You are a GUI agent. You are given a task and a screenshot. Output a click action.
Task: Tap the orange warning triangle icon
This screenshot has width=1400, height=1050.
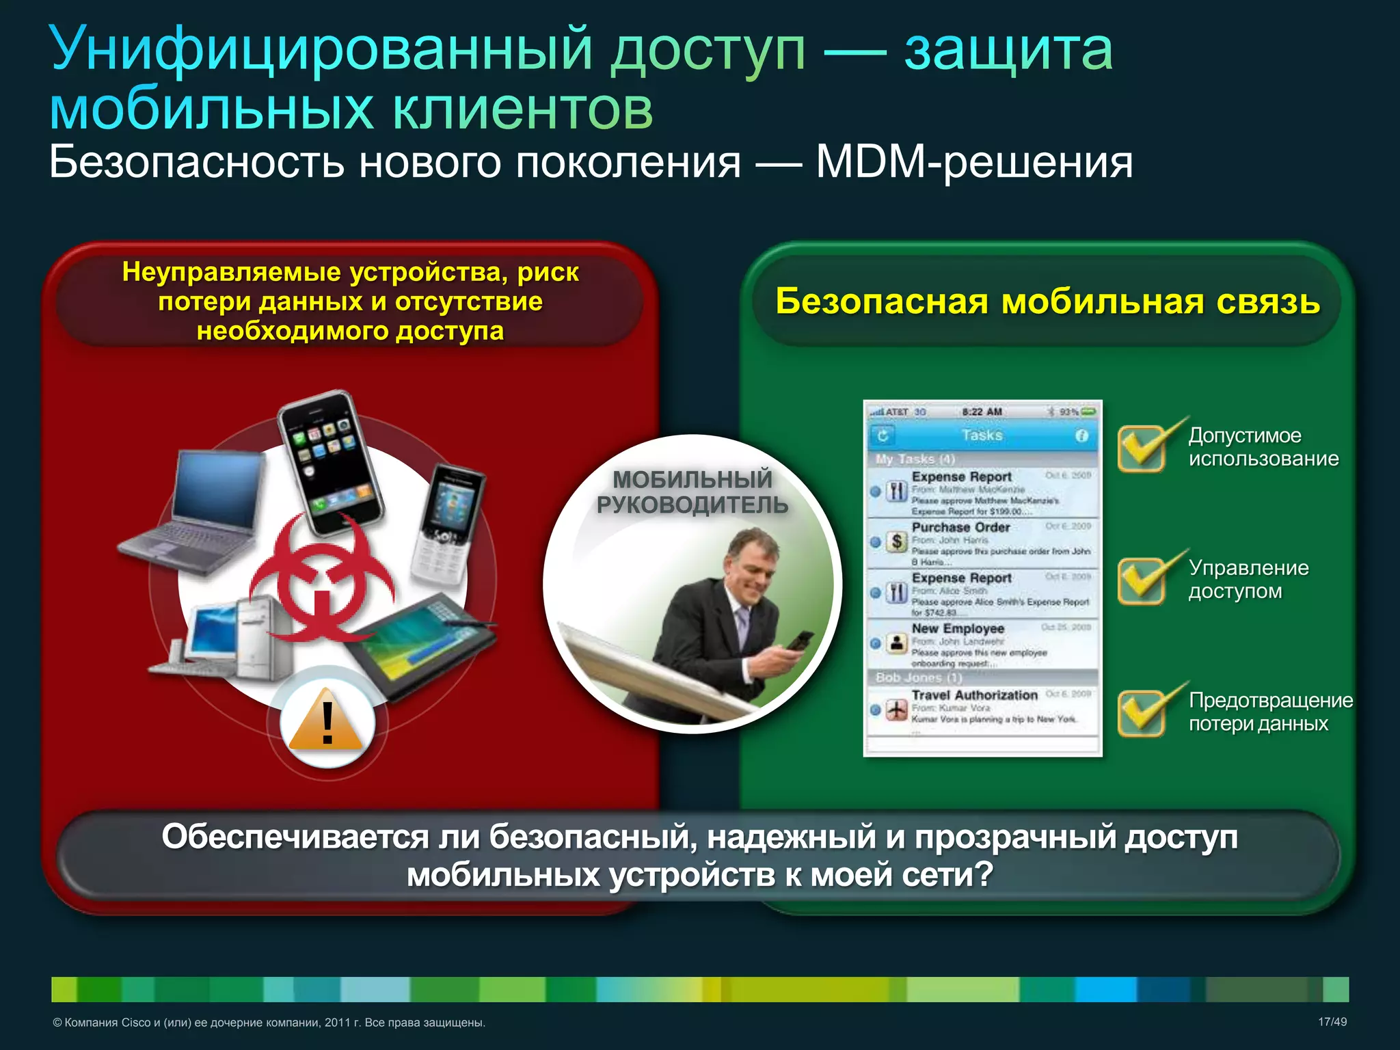click(327, 722)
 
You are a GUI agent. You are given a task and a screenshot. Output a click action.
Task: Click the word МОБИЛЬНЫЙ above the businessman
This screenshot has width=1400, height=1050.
click(692, 480)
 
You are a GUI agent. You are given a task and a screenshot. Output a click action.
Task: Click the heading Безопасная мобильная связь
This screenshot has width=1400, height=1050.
click(1047, 301)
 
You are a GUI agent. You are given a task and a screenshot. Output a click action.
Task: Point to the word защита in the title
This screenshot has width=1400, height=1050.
click(1008, 49)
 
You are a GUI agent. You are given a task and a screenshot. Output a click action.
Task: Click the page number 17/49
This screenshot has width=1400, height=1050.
click(1332, 1022)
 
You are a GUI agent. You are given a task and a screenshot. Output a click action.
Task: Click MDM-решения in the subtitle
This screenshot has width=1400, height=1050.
click(973, 163)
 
